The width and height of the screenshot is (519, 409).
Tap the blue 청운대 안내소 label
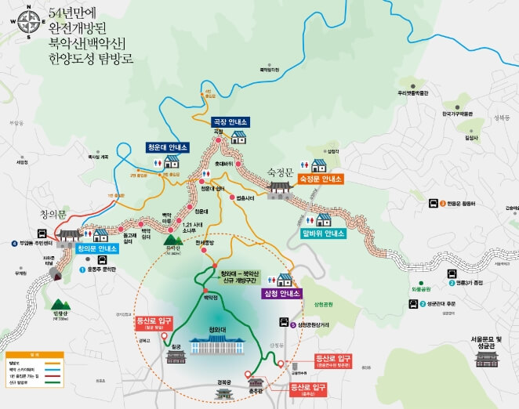click(x=167, y=147)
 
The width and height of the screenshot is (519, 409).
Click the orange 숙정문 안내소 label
click(x=320, y=179)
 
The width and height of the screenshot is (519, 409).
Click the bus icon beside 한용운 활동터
click(x=432, y=204)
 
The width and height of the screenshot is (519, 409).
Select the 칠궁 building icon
click(x=176, y=357)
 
